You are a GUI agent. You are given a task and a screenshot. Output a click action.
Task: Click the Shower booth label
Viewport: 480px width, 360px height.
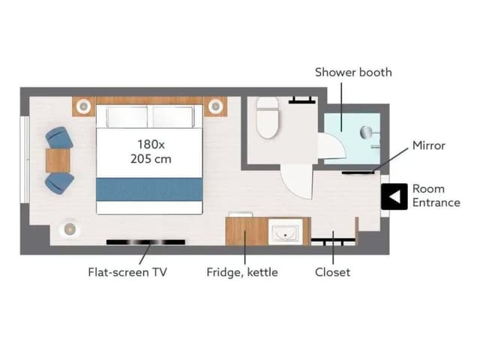(353, 73)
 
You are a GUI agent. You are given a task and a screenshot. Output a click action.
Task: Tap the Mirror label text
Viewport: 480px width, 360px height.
(428, 145)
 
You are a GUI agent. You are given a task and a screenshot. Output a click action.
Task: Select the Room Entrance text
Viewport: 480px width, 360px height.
(436, 196)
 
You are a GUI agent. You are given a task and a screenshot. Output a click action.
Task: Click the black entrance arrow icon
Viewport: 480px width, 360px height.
(394, 196)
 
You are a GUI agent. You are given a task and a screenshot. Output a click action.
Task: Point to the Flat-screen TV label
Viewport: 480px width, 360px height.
(127, 272)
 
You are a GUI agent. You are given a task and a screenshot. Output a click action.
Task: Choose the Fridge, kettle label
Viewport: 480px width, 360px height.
(242, 272)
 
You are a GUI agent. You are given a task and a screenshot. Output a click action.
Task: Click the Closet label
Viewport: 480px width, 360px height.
(332, 272)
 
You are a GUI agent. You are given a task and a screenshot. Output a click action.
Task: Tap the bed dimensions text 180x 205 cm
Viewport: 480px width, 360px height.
(151, 151)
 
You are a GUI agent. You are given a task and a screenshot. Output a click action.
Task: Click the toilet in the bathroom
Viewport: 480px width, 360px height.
(268, 117)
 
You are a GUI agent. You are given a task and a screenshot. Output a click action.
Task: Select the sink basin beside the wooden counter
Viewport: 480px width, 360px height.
(285, 232)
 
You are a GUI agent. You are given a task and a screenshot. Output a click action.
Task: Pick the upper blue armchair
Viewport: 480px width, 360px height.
(59, 138)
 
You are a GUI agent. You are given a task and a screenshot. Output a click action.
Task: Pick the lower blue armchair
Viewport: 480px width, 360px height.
(59, 183)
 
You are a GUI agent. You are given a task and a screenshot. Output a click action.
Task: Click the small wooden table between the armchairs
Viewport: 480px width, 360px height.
(58, 160)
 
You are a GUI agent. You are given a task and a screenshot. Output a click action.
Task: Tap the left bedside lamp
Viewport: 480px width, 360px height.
(83, 106)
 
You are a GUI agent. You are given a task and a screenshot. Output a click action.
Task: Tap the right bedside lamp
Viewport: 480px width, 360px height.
(215, 106)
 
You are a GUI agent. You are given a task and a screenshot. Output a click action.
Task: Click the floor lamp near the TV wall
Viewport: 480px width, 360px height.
(70, 229)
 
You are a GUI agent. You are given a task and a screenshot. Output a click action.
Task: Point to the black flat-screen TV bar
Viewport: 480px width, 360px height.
(145, 242)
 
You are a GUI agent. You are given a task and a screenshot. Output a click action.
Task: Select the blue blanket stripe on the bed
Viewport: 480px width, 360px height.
(149, 190)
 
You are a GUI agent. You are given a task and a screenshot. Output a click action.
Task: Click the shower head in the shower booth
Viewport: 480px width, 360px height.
(366, 132)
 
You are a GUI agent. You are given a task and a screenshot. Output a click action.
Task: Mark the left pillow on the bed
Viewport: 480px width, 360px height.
(127, 116)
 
